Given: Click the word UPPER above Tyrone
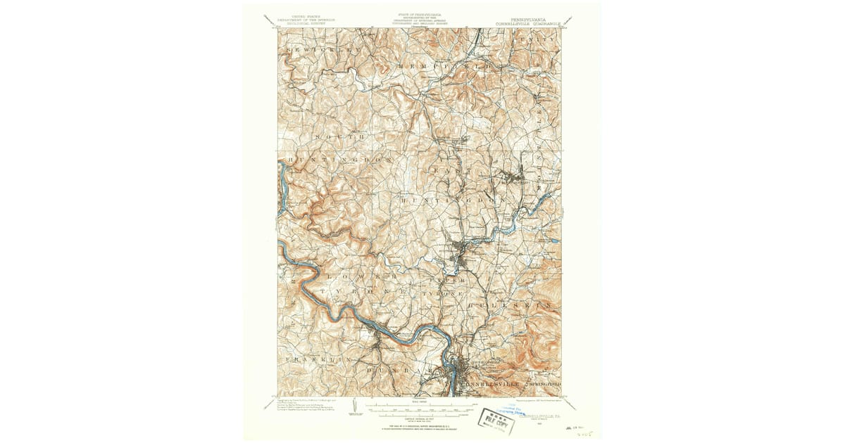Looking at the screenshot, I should pos(446,279).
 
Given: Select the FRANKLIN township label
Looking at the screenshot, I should pos(310,359).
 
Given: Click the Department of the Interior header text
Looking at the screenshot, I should pos(305,20).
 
